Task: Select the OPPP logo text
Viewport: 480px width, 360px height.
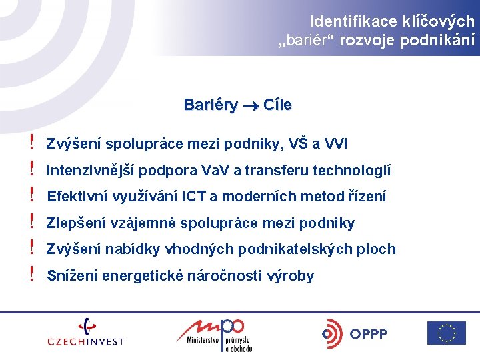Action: point(368,334)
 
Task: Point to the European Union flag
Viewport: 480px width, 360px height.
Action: point(447,333)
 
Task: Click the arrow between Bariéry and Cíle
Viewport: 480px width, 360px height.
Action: point(251,107)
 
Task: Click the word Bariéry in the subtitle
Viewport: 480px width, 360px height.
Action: point(211,105)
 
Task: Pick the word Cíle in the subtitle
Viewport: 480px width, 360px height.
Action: point(277,105)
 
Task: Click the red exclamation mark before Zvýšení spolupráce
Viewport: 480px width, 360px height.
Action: point(31,142)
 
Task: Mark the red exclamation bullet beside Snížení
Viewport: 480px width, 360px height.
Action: point(31,273)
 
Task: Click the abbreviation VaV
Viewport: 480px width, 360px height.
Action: point(215,170)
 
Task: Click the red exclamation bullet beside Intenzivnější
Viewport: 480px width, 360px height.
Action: point(31,168)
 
